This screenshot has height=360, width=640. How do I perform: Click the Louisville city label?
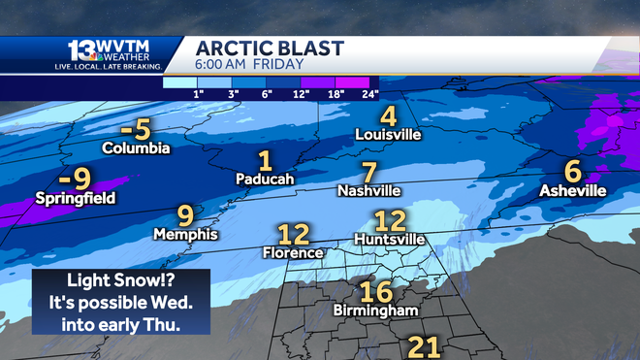[x=389, y=135]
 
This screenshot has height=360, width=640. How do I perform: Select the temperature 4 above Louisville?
[x=388, y=115]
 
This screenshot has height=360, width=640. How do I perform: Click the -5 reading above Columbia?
[x=137, y=129]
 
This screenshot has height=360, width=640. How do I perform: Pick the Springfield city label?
[x=75, y=198]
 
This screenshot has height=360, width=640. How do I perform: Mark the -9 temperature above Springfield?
[x=74, y=178]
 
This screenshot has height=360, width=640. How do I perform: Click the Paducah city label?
[x=265, y=179]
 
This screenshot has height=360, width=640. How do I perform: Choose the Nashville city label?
[x=368, y=191]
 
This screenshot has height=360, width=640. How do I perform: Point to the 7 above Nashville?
[x=368, y=172]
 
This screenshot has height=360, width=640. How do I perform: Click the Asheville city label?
[x=573, y=190]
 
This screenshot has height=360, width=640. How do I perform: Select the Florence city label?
[x=293, y=252]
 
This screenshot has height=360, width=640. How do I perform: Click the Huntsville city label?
[x=390, y=238]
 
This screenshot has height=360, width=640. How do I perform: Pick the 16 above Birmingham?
[x=375, y=291]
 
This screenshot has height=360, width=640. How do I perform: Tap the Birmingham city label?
[x=374, y=311]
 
